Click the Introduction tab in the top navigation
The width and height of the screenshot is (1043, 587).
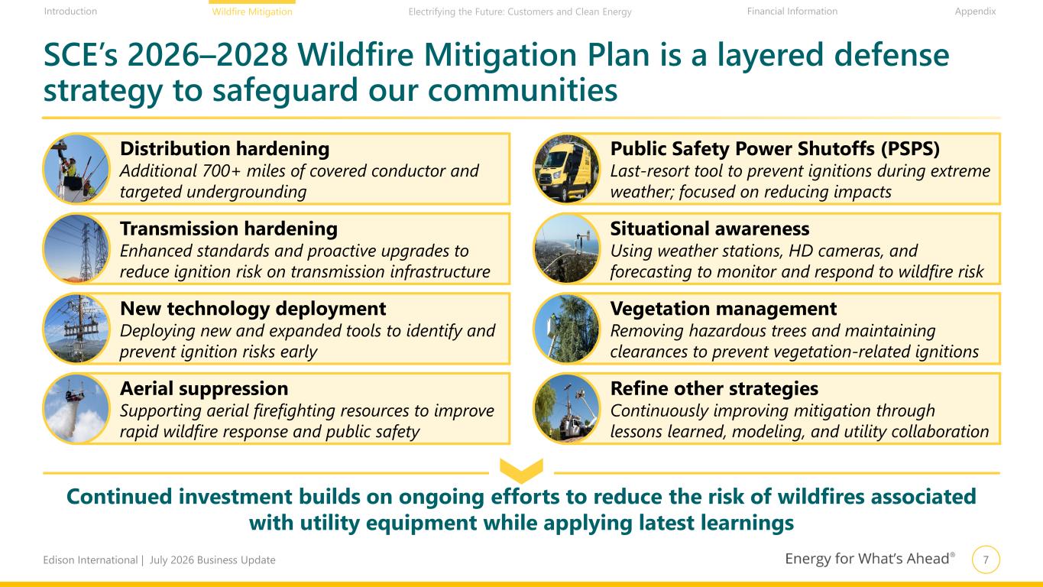(70, 11)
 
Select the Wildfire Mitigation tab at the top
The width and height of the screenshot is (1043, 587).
(252, 11)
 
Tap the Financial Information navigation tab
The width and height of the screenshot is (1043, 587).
(792, 11)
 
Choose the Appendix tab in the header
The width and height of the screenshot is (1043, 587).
(975, 11)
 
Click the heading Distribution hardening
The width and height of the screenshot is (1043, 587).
(225, 148)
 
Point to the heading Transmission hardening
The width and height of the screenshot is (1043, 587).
(228, 229)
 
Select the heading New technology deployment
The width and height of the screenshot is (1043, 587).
(253, 309)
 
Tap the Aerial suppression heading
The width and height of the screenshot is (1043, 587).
(204, 388)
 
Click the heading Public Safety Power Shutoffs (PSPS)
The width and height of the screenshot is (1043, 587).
(775, 148)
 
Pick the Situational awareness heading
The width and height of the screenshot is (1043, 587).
(710, 229)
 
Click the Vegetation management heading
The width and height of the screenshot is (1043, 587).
(723, 309)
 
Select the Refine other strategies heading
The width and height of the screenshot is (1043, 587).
(714, 388)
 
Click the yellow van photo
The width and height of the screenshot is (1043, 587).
(567, 169)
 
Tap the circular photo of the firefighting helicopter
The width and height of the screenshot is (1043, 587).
(77, 409)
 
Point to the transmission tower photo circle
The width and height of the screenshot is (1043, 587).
(77, 248)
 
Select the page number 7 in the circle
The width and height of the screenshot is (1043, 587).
(986, 559)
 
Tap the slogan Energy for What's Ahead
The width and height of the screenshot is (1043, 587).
(870, 558)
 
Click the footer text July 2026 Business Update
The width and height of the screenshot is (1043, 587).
(212, 560)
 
